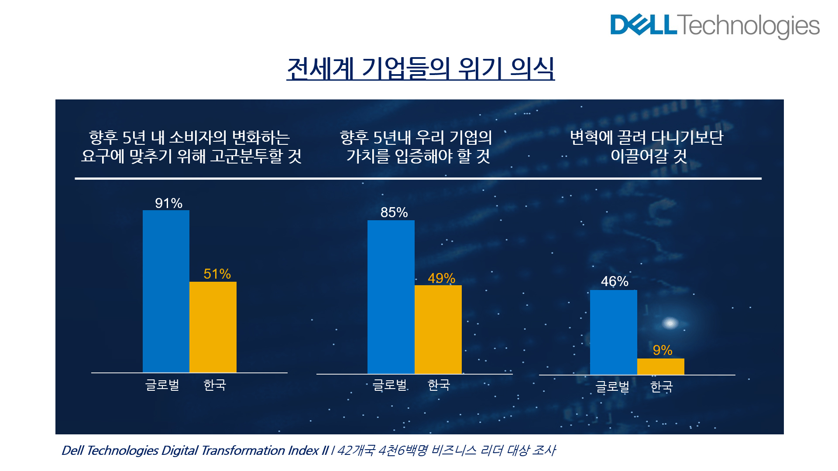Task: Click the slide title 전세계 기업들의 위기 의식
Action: [x=420, y=68]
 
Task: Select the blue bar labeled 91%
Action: [x=166, y=291]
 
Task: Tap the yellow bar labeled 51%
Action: [x=213, y=327]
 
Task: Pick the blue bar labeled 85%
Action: [x=391, y=297]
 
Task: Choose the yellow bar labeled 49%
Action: [x=438, y=329]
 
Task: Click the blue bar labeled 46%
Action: [x=614, y=332]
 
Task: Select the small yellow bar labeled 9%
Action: [x=661, y=366]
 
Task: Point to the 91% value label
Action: [x=168, y=203]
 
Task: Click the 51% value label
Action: [x=217, y=274]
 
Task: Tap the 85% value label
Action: [x=394, y=212]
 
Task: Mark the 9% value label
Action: [x=663, y=350]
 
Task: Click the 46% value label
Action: [x=615, y=281]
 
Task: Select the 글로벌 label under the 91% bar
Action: [x=162, y=385]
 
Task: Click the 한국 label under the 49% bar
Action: [x=439, y=385]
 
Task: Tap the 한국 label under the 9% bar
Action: [x=662, y=386]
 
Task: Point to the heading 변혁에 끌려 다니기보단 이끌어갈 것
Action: [x=647, y=147]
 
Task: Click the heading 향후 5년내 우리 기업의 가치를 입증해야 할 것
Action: [x=416, y=147]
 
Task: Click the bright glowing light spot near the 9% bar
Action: [x=670, y=323]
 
